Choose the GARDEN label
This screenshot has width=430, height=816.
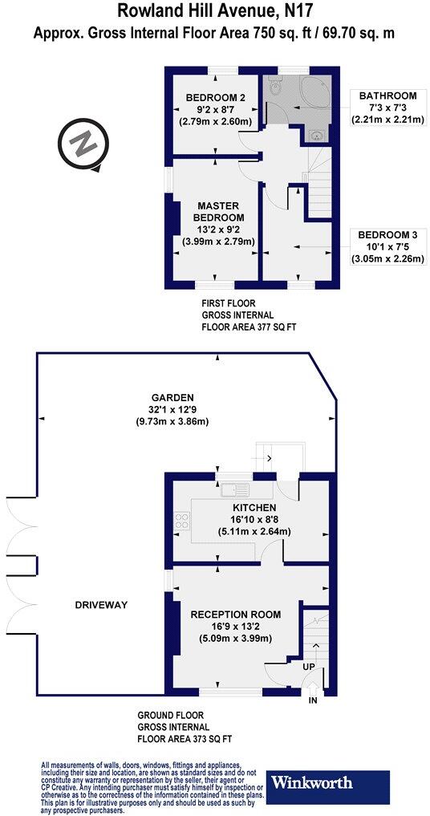[172, 397]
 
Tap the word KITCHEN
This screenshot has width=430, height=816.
[254, 508]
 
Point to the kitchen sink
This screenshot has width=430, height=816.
[237, 488]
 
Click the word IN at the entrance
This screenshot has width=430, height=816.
[313, 700]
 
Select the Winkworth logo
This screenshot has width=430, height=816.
[328, 781]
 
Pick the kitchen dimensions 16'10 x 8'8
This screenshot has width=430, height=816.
[254, 519]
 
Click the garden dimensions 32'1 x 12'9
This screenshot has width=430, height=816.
[172, 409]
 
